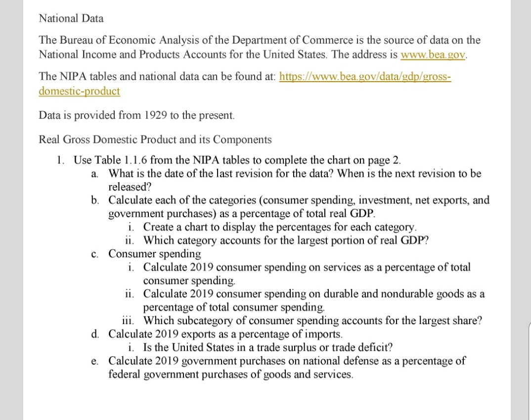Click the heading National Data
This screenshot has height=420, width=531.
[x=71, y=19]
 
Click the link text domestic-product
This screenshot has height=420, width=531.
[x=79, y=92]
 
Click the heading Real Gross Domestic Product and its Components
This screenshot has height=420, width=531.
[x=155, y=140]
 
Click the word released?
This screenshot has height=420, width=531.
[x=130, y=187]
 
